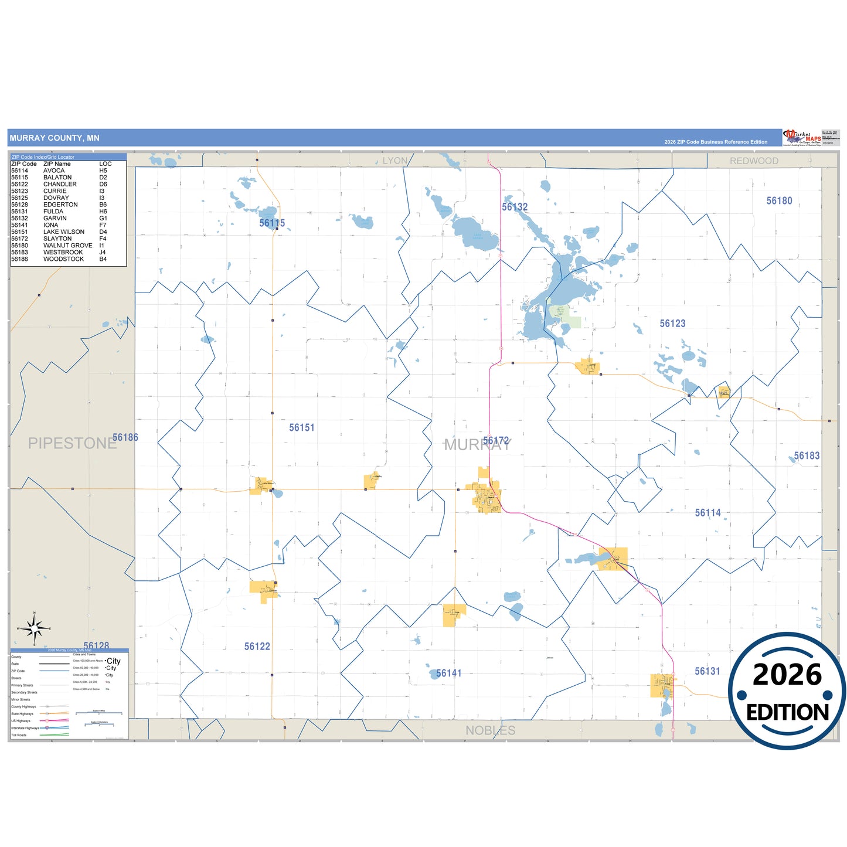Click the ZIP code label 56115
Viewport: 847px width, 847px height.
[272, 223]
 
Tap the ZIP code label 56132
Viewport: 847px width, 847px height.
[515, 208]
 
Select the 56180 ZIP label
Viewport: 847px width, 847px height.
[779, 201]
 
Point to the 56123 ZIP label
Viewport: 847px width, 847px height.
[672, 324]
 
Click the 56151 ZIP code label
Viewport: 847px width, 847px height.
[302, 428]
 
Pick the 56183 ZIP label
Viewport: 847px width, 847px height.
[807, 456]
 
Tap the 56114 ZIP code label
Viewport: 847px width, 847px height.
[707, 513]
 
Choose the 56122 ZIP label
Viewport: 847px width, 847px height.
[257, 647]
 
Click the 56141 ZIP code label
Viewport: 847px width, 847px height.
[448, 673]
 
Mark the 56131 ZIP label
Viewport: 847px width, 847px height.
[707, 671]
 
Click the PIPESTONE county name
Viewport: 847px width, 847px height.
[72, 444]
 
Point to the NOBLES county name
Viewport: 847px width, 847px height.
[490, 730]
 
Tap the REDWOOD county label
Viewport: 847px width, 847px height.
[754, 161]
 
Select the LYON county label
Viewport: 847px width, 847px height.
[394, 161]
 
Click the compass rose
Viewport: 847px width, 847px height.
[35, 629]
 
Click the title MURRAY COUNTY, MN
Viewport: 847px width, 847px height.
[55, 138]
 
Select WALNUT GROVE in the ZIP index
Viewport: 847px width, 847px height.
[67, 246]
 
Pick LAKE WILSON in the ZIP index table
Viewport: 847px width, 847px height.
[63, 232]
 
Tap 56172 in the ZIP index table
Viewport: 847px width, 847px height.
[19, 239]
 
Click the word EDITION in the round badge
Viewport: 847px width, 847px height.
[787, 712]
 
